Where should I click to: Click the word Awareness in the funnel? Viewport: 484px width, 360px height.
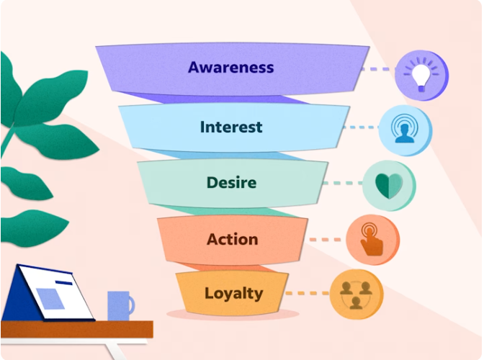pos(230,68)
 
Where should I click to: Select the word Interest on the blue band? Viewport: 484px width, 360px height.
pos(230,127)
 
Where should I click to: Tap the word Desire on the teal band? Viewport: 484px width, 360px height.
pos(231,183)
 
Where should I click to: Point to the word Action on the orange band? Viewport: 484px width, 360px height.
pos(232,239)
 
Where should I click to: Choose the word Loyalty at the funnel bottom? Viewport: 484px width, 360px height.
pos(233,294)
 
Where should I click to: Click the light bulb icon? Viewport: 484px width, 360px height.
pos(421,76)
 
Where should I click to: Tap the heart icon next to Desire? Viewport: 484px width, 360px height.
pos(389,186)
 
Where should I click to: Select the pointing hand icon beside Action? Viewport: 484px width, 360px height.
pos(372,240)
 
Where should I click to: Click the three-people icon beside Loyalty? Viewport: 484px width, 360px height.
pos(356,294)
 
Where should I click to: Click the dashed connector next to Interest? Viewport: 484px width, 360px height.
pos(362,127)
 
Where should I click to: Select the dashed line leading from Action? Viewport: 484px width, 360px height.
pos(326,239)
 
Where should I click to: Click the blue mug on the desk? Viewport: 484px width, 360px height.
pos(117,305)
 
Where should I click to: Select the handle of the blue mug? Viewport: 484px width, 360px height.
pos(131,305)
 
